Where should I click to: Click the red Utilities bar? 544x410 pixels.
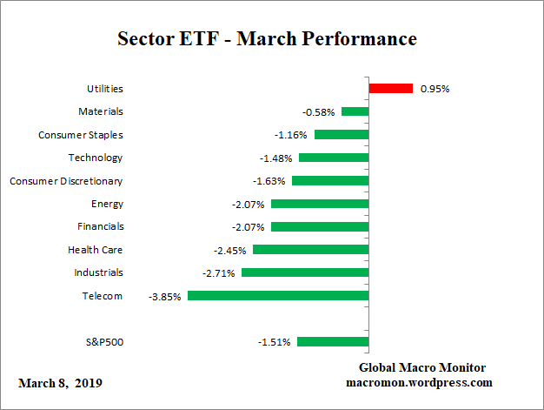[390, 89]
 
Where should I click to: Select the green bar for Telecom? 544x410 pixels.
[277, 296]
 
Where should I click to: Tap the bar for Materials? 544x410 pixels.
[355, 111]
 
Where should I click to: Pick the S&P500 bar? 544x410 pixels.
[332, 342]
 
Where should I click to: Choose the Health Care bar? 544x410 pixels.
[310, 250]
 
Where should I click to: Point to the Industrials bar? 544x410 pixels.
[304, 272]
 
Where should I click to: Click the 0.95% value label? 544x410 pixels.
[435, 89]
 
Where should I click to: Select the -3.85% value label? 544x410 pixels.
[165, 296]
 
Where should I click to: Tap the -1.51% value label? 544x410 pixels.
[275, 342]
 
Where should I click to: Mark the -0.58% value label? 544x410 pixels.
[319, 112]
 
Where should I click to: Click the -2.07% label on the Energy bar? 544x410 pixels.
[249, 204]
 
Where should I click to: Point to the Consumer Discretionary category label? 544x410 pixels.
[66, 181]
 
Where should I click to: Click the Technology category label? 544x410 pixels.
[96, 158]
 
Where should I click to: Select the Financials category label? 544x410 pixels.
[100, 226]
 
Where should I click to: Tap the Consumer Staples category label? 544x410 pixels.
[81, 135]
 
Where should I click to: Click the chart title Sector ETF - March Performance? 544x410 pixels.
[267, 39]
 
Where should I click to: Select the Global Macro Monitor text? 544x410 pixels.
[422, 367]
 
